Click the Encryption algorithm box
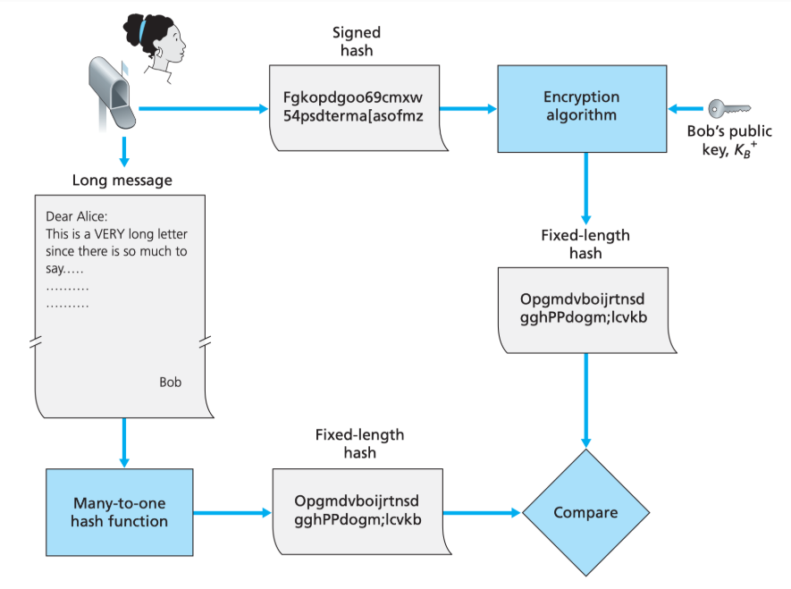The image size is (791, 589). [581, 106]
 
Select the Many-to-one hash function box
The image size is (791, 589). [119, 511]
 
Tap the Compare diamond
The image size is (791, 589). [585, 513]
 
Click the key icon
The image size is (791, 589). [728, 108]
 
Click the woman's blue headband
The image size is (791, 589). [142, 33]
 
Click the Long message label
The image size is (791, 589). [122, 180]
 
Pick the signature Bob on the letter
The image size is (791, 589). [170, 382]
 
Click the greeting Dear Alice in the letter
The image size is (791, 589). [75, 217]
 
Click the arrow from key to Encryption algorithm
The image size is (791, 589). [688, 108]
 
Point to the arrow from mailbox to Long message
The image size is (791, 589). [124, 150]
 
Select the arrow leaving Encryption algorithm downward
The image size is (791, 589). [585, 189]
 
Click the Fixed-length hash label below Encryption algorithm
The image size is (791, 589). [585, 244]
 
